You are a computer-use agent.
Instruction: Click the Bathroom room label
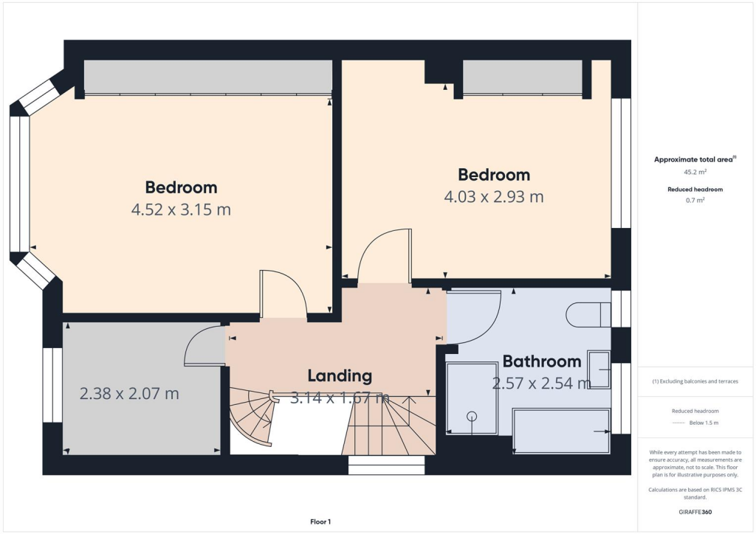point(542,361)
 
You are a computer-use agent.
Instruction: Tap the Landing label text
point(340,375)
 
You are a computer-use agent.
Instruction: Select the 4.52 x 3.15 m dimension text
point(181,209)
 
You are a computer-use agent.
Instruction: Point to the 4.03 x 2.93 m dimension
point(493,197)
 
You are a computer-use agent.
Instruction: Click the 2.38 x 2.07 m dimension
point(129,394)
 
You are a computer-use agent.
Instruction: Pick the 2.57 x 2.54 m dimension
point(541,384)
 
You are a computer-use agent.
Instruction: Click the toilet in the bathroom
point(588,315)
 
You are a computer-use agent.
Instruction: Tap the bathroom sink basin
point(599,370)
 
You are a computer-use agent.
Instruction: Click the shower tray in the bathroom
point(472,398)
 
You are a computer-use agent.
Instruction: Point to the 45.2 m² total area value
point(695,172)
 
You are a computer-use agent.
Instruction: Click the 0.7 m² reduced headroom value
point(695,200)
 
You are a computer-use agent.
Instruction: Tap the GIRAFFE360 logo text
point(695,511)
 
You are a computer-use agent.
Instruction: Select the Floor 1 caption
point(320,522)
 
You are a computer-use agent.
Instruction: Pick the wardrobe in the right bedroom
point(522,77)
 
